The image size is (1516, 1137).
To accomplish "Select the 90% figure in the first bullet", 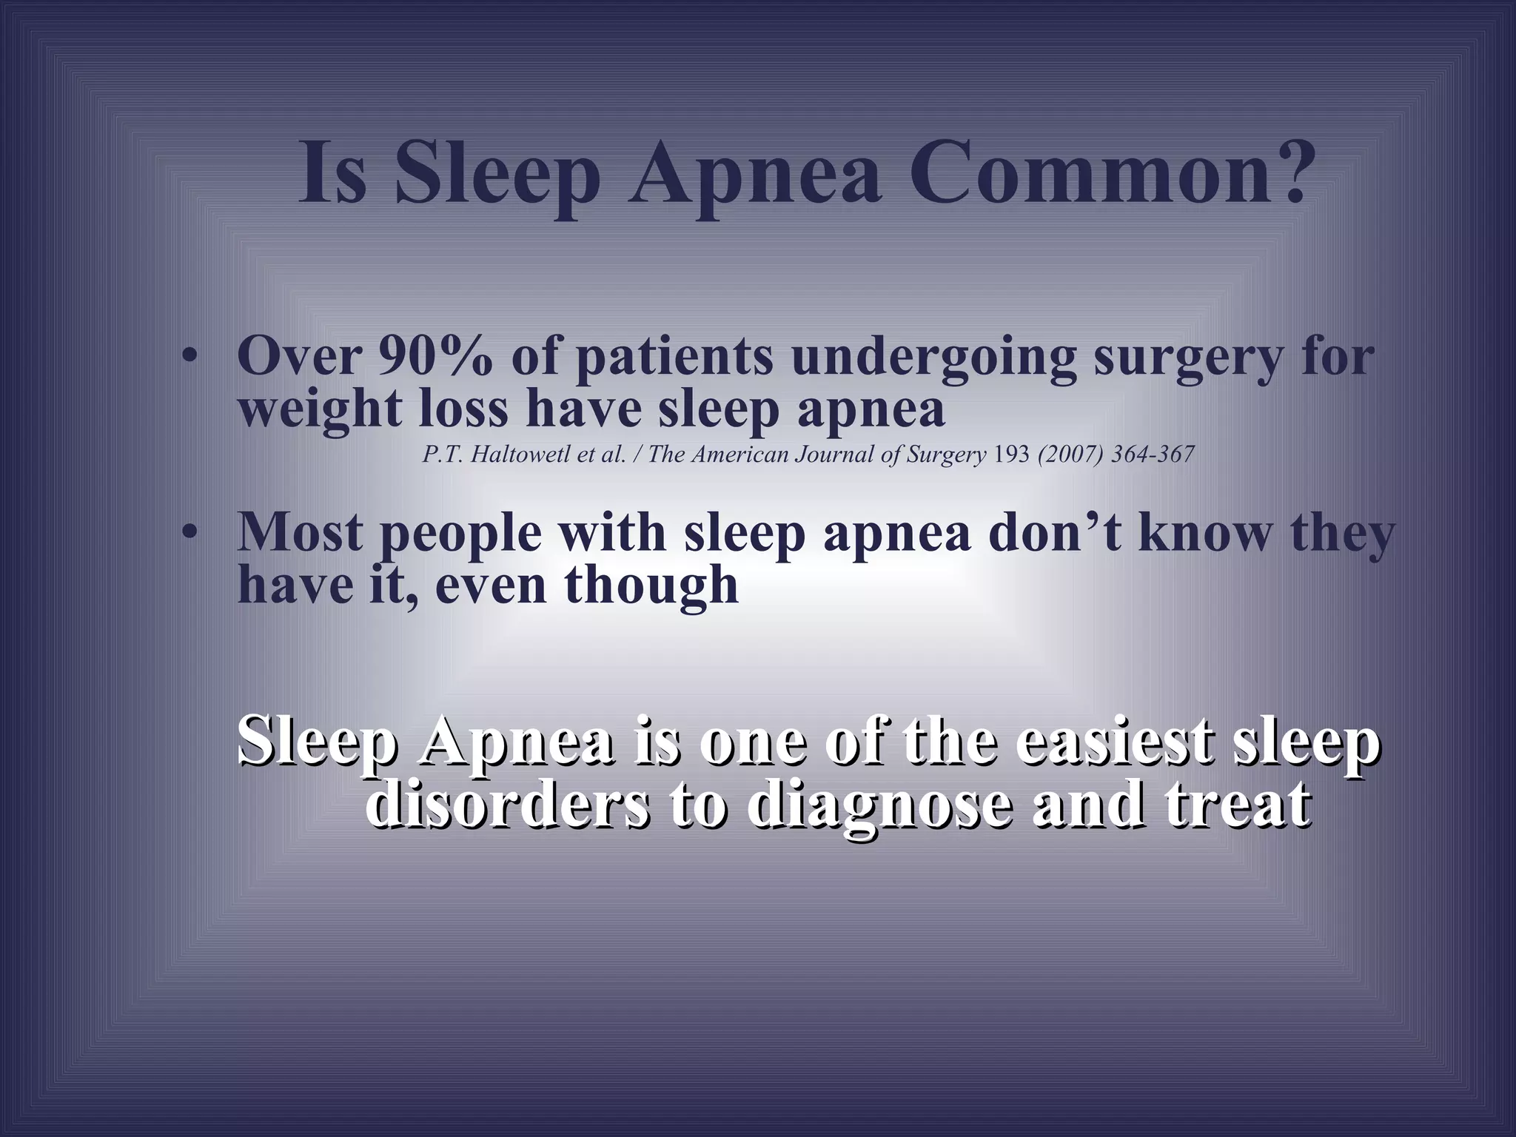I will click(435, 357).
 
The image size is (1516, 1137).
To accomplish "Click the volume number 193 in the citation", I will click(1012, 455).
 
